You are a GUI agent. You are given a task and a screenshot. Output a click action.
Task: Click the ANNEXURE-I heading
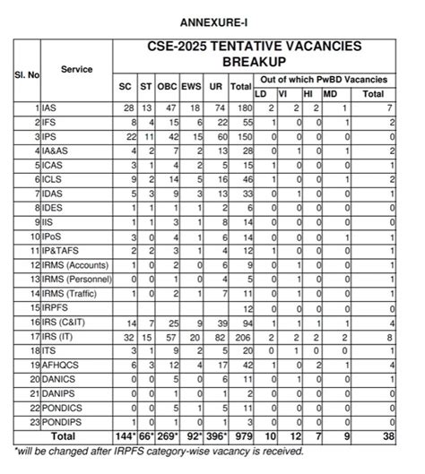[212, 20]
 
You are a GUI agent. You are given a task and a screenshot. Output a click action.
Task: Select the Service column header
[77, 69]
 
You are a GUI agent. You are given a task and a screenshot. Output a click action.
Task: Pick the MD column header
[329, 93]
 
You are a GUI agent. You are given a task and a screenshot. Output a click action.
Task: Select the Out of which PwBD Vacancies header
[326, 79]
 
